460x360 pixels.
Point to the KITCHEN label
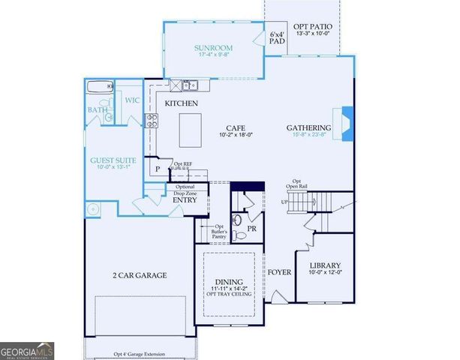click(181, 102)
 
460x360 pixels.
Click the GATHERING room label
click(308, 127)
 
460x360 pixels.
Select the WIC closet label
click(132, 100)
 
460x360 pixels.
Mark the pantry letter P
click(158, 169)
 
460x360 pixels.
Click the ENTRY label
click(185, 200)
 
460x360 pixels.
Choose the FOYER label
click(280, 272)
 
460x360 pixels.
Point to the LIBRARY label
click(326, 265)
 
